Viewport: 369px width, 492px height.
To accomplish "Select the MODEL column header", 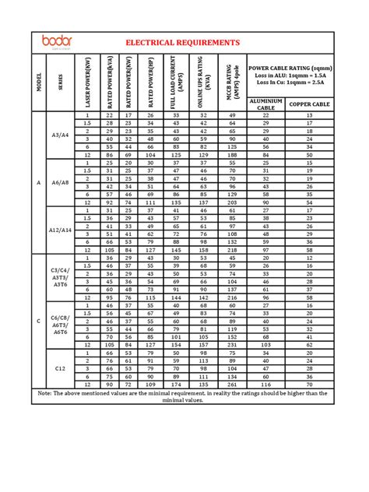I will [38, 82].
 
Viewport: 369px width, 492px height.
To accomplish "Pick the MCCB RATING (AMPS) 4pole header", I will [231, 82].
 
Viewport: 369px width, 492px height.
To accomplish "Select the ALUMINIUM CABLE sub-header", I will [265, 105].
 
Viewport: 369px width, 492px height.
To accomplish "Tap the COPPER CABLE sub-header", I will [310, 104].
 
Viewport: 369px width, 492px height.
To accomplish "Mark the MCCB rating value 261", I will [231, 384].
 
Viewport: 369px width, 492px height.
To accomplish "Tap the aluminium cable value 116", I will [265, 384].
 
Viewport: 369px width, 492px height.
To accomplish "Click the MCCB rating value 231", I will [231, 344].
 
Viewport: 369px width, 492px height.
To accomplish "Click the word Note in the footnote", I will [47, 393].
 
